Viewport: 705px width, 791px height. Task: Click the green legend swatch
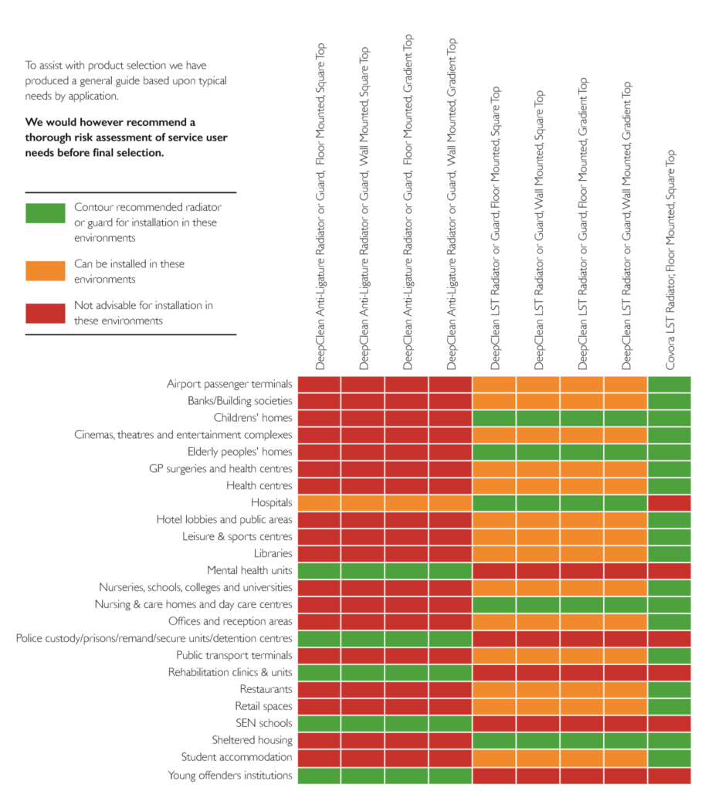click(45, 213)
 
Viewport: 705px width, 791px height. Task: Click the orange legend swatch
click(45, 270)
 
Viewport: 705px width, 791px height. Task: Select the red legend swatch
click(45, 312)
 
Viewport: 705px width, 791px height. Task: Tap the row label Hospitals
click(272, 503)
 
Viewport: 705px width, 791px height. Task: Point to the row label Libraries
click(273, 554)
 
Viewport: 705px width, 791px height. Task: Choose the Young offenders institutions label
click(230, 775)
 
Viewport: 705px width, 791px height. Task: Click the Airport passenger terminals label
click(229, 384)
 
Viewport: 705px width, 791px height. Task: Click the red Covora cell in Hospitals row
click(669, 503)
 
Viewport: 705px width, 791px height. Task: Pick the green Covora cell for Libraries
click(669, 554)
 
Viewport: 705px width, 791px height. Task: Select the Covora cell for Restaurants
click(669, 689)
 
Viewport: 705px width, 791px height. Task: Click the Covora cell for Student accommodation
click(669, 757)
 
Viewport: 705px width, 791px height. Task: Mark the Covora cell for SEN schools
click(669, 723)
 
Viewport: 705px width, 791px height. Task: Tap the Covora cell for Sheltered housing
click(669, 740)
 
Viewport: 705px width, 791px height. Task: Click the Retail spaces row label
click(263, 706)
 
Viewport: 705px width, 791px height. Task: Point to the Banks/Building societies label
click(239, 401)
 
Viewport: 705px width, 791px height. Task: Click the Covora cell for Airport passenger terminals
click(669, 384)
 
